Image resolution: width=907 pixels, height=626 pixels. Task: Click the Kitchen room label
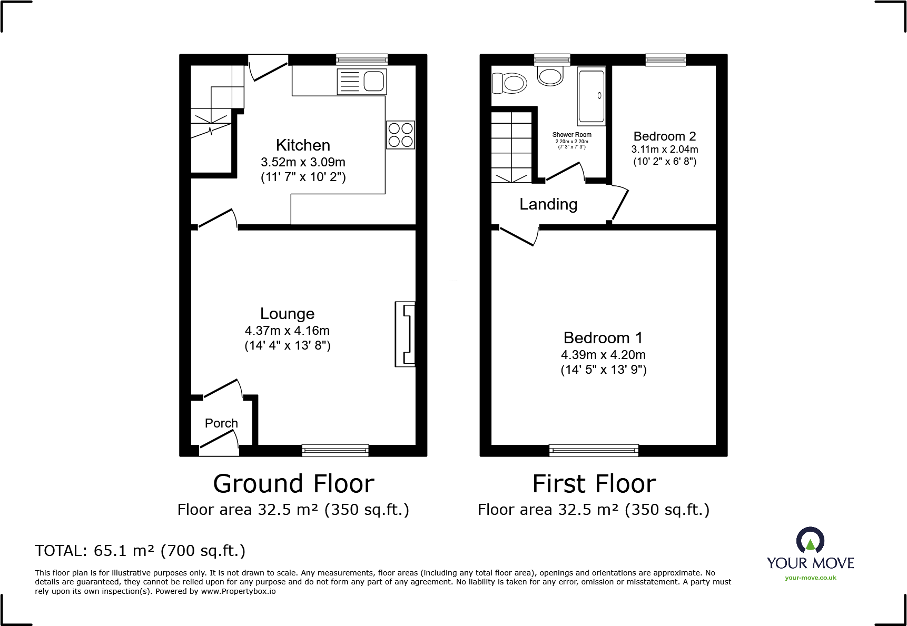point(303,145)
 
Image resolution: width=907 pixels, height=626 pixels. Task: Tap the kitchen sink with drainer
point(362,82)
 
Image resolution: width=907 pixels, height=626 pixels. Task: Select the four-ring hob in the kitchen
point(400,135)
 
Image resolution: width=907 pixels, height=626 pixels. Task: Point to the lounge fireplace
point(405,334)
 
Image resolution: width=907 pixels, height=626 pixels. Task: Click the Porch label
point(221,423)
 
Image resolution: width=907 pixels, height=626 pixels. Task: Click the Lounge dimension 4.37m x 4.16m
point(287,331)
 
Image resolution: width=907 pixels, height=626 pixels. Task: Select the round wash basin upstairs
point(550,76)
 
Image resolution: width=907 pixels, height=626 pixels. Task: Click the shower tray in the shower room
point(591,95)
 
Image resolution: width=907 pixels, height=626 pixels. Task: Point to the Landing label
point(548,204)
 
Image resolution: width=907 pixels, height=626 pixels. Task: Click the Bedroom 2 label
point(665,136)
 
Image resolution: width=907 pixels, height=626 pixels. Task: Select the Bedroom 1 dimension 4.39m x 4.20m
point(603,355)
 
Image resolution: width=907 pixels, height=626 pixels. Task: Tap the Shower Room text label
point(571,135)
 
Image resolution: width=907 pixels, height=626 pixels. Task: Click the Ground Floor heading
point(293,484)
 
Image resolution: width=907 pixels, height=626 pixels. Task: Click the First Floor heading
point(594,484)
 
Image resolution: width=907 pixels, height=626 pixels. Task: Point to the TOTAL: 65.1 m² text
point(140,551)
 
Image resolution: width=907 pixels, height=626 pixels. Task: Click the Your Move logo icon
point(810,541)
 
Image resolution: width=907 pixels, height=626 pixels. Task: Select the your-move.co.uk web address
point(810,578)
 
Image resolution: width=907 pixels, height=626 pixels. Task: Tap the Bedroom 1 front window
point(594,450)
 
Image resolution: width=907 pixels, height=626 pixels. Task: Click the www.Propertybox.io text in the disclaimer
point(238,591)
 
